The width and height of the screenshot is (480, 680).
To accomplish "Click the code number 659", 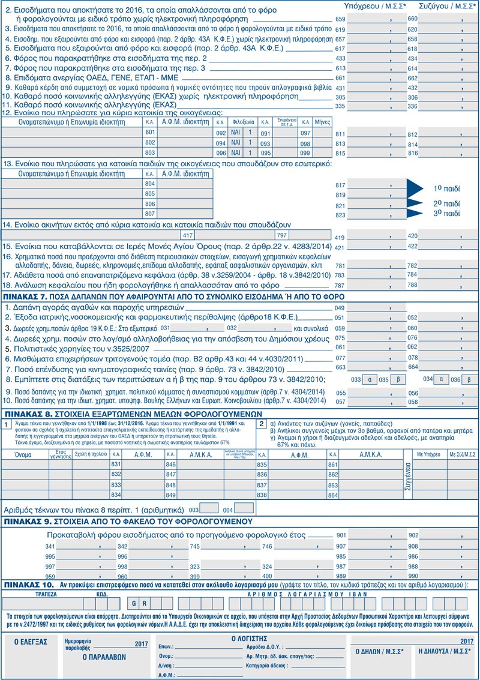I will tap(340, 19).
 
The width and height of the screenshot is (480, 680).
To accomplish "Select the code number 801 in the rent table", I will tap(150, 132).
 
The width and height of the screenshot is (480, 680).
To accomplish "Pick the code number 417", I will tap(188, 235).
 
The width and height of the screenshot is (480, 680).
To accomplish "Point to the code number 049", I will tap(340, 307).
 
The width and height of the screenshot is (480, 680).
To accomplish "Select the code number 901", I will tap(341, 535).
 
